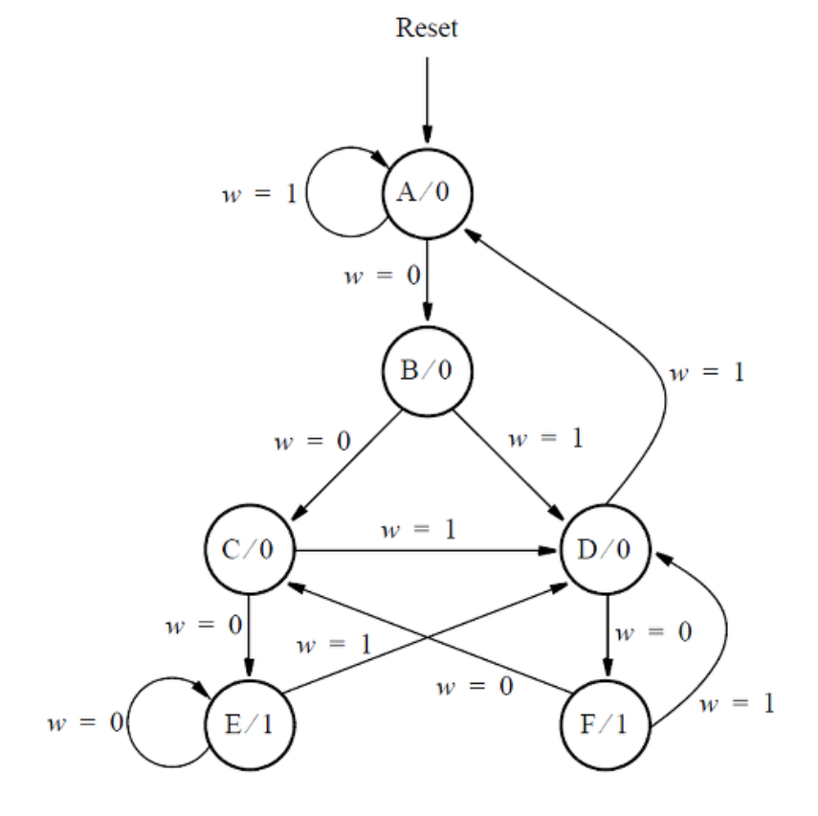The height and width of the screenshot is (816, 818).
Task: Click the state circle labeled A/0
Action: click(x=427, y=192)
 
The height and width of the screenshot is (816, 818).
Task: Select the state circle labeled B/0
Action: click(x=427, y=370)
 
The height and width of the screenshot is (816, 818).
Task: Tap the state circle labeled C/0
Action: click(x=250, y=551)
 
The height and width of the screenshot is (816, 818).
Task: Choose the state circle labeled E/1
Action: click(x=250, y=724)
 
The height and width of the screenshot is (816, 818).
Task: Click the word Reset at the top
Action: click(x=427, y=28)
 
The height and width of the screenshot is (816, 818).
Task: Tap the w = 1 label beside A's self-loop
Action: click(x=258, y=193)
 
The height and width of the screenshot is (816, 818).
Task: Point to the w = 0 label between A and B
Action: click(x=382, y=276)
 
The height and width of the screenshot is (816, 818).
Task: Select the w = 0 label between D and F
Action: click(x=653, y=633)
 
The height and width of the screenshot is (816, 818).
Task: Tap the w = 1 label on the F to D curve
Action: click(x=737, y=706)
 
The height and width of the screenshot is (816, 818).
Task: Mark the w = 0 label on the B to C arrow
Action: click(x=312, y=442)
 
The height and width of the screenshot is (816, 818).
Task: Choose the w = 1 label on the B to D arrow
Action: click(x=544, y=440)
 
